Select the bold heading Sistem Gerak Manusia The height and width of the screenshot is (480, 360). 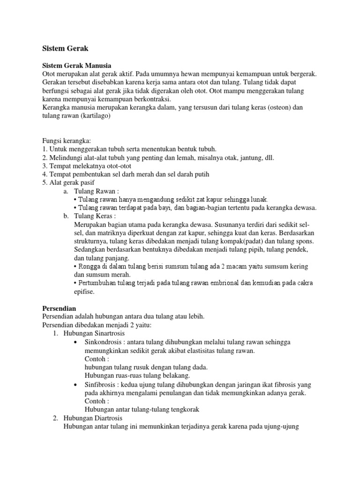pyautogui.click(x=77, y=66)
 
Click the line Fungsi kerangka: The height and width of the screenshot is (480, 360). pyautogui.click(x=66, y=141)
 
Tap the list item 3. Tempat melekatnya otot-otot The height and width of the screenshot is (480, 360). pyautogui.click(x=87, y=166)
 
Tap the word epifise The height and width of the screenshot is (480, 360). pyautogui.click(x=84, y=292)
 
